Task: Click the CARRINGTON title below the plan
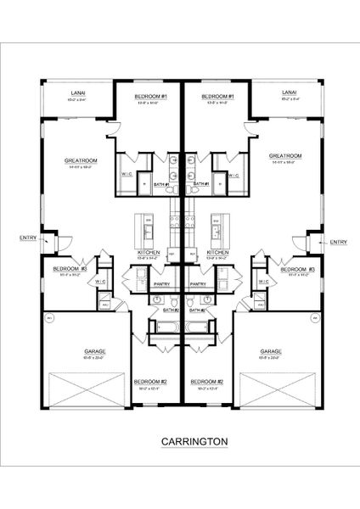click(193, 441)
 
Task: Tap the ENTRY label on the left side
click(26, 238)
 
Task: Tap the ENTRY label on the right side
click(338, 243)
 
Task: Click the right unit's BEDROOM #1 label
click(217, 98)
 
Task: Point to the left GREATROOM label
click(82, 159)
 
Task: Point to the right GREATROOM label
click(286, 156)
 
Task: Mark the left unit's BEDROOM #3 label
click(66, 269)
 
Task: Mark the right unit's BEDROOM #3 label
click(299, 269)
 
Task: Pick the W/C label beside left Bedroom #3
click(100, 282)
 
